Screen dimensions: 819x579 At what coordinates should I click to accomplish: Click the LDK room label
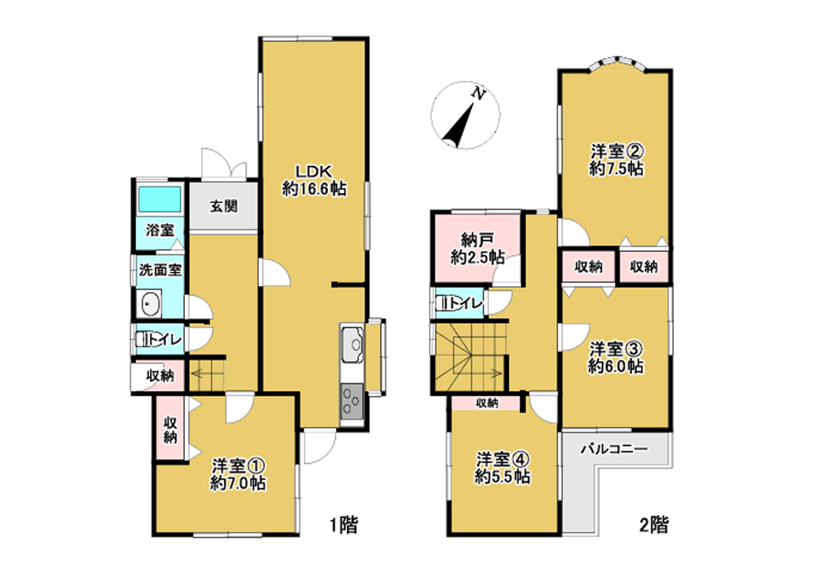pos(314,171)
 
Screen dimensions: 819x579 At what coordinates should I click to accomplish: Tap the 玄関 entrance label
pos(224,206)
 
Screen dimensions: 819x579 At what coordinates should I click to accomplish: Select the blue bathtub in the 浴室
pos(160,199)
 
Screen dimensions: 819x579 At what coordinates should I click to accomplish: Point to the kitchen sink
pos(353,345)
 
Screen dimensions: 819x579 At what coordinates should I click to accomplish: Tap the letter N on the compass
pos(478,93)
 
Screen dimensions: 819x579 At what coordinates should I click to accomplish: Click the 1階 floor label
pos(344,525)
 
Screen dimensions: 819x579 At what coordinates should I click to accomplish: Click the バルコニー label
pos(615,449)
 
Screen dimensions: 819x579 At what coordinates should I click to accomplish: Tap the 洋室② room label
pos(617,151)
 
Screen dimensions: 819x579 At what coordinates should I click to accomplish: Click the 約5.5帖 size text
pos(503,477)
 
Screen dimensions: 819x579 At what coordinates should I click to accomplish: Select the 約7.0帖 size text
pos(238,483)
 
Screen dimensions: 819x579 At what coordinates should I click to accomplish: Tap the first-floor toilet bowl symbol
pos(143,339)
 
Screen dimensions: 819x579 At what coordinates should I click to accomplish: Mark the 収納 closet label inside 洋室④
pos(487,403)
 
